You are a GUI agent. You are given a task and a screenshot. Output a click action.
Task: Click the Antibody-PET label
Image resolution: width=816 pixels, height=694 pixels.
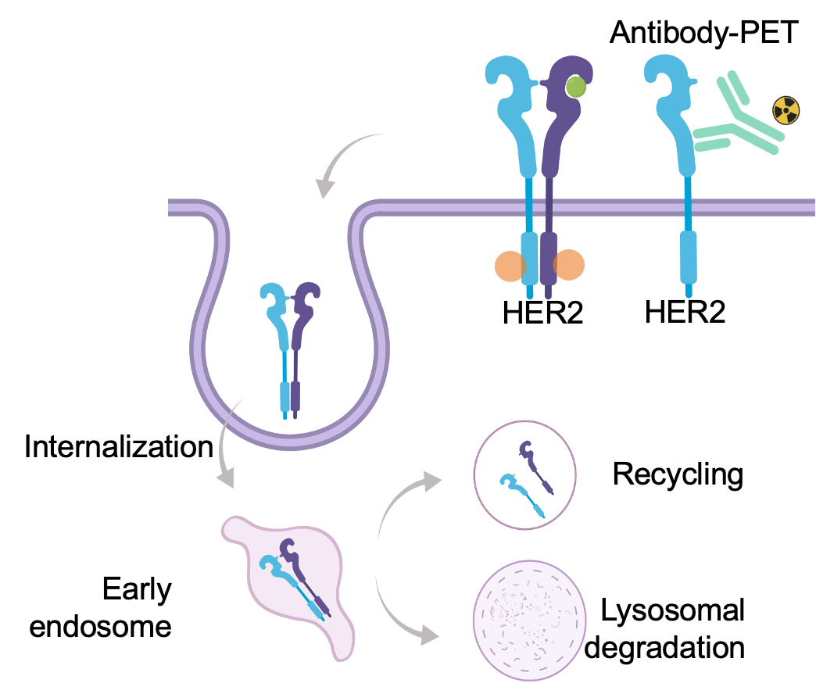703,32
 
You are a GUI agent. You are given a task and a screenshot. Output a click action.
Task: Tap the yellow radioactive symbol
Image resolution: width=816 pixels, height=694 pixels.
786,110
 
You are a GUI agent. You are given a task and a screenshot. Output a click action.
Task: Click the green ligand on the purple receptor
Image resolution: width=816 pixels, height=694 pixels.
575,87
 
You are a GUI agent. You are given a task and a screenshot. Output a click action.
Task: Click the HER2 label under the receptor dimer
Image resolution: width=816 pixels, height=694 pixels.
542,312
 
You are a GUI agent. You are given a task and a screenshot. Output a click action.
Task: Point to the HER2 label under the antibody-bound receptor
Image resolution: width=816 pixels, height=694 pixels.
685,312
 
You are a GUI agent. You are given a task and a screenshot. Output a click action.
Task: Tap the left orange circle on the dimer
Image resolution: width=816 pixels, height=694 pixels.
510,266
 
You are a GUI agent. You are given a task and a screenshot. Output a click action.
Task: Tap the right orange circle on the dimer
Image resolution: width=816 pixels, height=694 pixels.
568,265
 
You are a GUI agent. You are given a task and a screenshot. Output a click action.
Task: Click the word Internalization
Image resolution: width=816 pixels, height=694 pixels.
119,446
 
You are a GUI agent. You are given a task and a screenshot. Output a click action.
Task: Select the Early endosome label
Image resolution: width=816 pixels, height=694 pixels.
101,607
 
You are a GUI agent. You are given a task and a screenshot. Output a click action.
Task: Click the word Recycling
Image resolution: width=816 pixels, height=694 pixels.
678,475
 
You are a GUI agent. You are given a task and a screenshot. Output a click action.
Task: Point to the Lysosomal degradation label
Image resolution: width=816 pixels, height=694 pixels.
664,629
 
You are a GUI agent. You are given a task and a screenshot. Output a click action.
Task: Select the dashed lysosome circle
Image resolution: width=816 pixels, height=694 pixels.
529,620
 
